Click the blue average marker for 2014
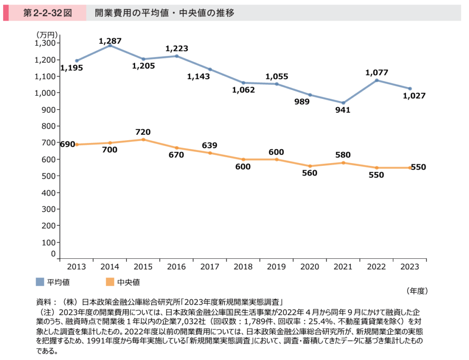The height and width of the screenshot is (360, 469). click(x=110, y=45)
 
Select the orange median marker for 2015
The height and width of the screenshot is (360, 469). click(x=143, y=139)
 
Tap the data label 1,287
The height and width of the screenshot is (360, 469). click(x=110, y=41)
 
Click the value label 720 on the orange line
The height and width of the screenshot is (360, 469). click(x=143, y=132)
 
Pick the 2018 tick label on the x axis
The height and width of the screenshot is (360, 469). click(x=243, y=267)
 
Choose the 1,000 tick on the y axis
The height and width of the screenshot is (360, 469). click(x=45, y=93)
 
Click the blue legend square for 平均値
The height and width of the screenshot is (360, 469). click(x=40, y=281)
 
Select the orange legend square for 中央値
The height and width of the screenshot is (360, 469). click(x=109, y=281)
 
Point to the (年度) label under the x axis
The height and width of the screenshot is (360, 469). click(x=416, y=290)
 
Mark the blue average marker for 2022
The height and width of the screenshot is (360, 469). click(x=376, y=80)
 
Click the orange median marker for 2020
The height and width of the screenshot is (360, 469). click(x=310, y=166)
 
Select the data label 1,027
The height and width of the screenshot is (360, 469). click(x=414, y=96)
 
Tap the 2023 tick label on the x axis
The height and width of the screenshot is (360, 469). click(x=410, y=267)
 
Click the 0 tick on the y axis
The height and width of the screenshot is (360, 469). click(x=53, y=254)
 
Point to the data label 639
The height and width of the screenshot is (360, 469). click(x=210, y=146)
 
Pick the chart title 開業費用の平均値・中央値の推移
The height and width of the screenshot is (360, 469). click(x=164, y=13)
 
